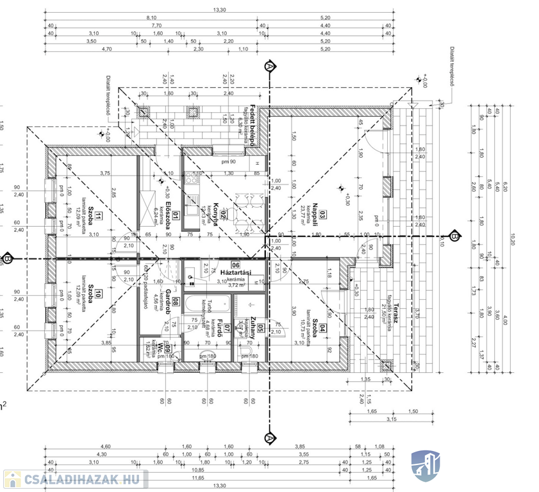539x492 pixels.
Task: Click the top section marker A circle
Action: (x=269, y=66)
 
